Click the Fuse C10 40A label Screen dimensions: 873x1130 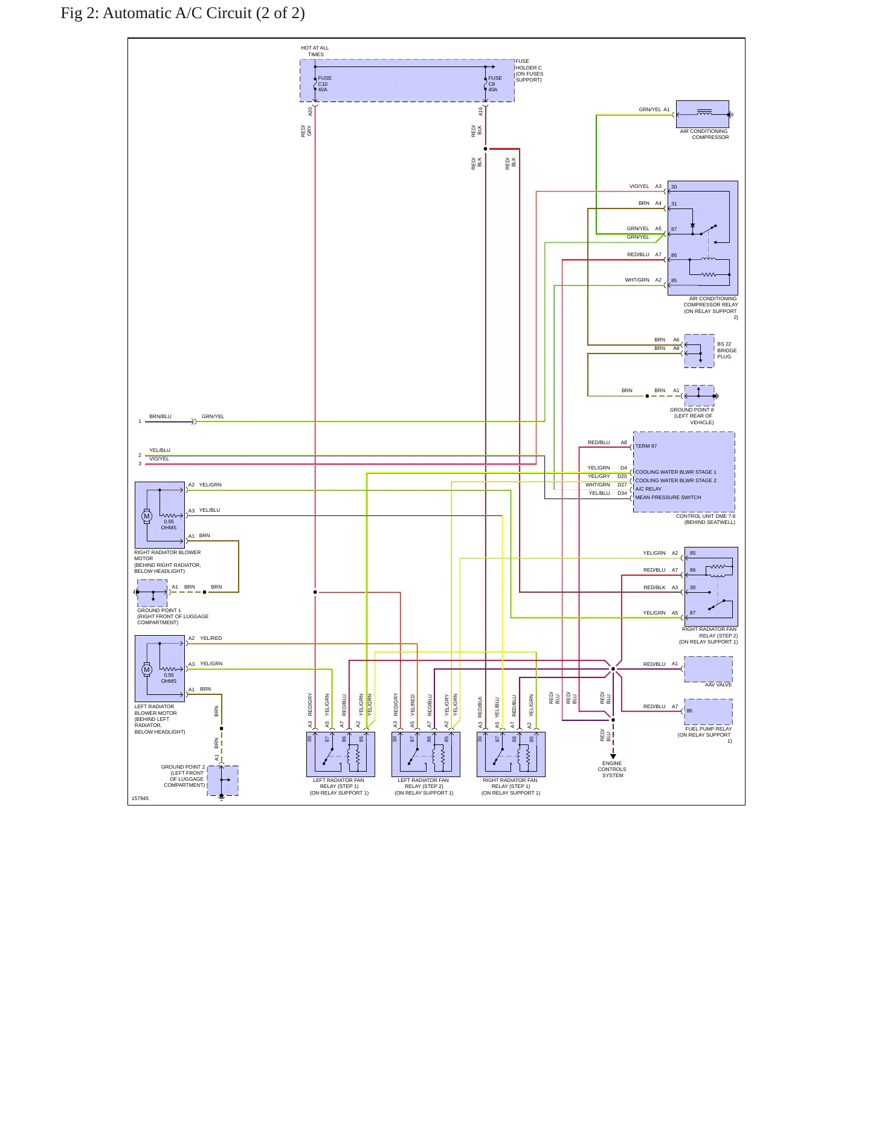coord(324,84)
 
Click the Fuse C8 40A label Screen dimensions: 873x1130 coord(495,84)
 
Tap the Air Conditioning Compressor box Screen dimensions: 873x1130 coord(703,114)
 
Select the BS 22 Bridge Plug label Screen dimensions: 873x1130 coord(727,350)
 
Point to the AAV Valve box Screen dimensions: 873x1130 coord(709,669)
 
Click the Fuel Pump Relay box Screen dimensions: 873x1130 coord(709,712)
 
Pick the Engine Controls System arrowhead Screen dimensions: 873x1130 coord(613,757)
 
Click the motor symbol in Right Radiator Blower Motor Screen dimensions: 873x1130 coord(146,516)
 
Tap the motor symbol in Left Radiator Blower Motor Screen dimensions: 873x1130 coord(146,670)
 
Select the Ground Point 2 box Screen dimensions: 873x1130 coord(222,780)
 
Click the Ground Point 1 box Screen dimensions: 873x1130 coord(152,593)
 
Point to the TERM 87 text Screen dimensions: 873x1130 coord(646,446)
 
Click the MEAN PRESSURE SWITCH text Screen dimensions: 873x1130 coord(668,497)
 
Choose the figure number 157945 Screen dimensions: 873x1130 coord(140,798)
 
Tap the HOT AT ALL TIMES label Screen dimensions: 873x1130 coord(315,51)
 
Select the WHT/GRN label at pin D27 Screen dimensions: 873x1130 coord(598,485)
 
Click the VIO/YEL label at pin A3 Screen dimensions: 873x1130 coord(639,186)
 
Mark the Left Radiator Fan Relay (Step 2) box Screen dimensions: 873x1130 coord(426,754)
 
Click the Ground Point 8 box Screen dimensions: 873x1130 coord(699,396)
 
